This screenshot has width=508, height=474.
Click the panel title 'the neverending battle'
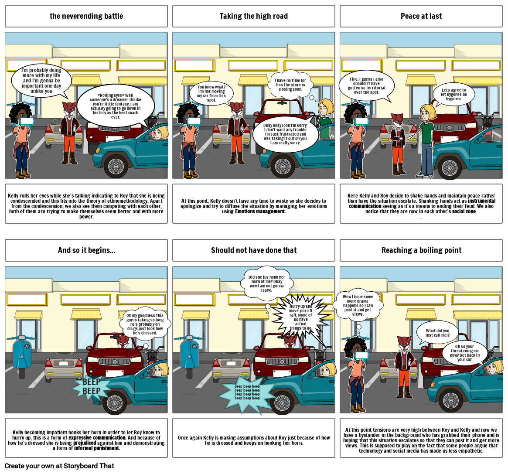coord(86,16)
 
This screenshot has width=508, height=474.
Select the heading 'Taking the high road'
coord(254,16)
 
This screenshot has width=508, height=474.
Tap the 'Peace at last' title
coord(421,16)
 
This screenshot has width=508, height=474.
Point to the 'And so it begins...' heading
coord(86,250)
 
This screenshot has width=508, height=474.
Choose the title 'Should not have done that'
coord(254,250)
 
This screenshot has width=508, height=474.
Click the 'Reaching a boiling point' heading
coord(421,250)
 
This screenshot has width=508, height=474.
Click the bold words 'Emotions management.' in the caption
coord(260,211)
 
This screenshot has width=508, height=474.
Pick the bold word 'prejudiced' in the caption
coord(85,443)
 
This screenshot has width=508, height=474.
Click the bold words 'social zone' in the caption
coord(464,211)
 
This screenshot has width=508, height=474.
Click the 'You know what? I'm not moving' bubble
coord(211,93)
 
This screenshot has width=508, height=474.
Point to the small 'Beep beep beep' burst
coord(247,392)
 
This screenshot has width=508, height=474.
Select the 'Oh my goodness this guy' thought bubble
coord(145,324)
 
